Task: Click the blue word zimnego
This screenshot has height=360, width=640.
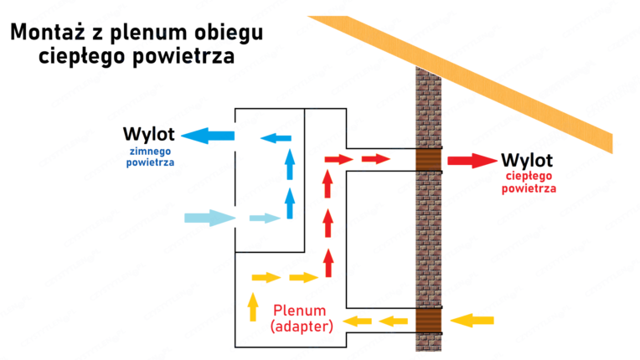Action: pos(151,151)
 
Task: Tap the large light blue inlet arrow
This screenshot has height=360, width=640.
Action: pos(210,219)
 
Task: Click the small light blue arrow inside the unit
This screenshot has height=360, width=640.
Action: pos(263,219)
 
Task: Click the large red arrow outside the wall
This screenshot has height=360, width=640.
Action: pos(471,160)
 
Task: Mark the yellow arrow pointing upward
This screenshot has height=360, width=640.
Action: pos(252,306)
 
